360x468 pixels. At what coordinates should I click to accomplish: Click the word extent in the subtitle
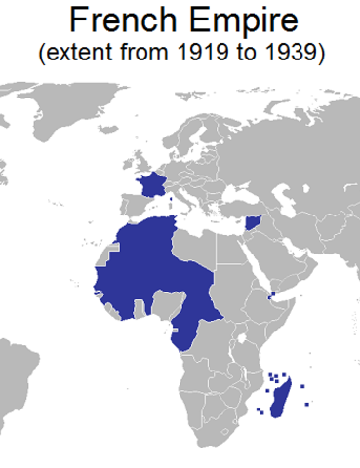pos(79,54)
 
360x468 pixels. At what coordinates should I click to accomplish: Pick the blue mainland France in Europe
pos(151,185)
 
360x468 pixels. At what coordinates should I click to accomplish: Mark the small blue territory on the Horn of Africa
pos(272,293)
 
